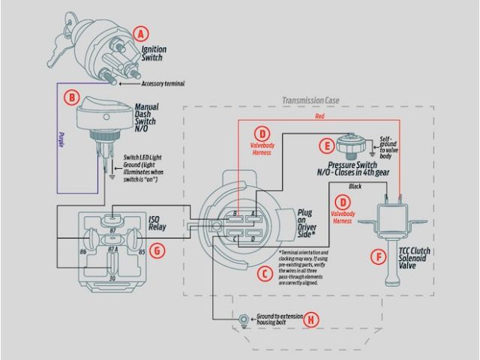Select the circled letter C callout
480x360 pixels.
click(x=263, y=274)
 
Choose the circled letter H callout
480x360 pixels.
click(x=312, y=319)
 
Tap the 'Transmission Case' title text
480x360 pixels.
click(x=311, y=99)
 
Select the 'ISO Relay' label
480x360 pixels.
click(x=157, y=223)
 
